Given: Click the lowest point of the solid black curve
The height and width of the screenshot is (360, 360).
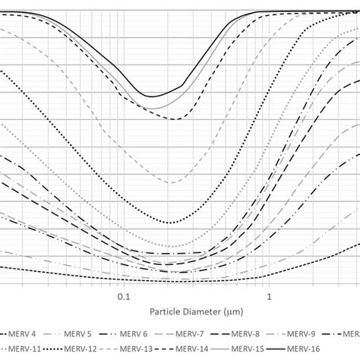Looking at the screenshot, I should point(151,96).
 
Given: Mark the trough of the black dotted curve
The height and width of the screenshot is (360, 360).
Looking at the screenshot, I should point(172,223).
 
